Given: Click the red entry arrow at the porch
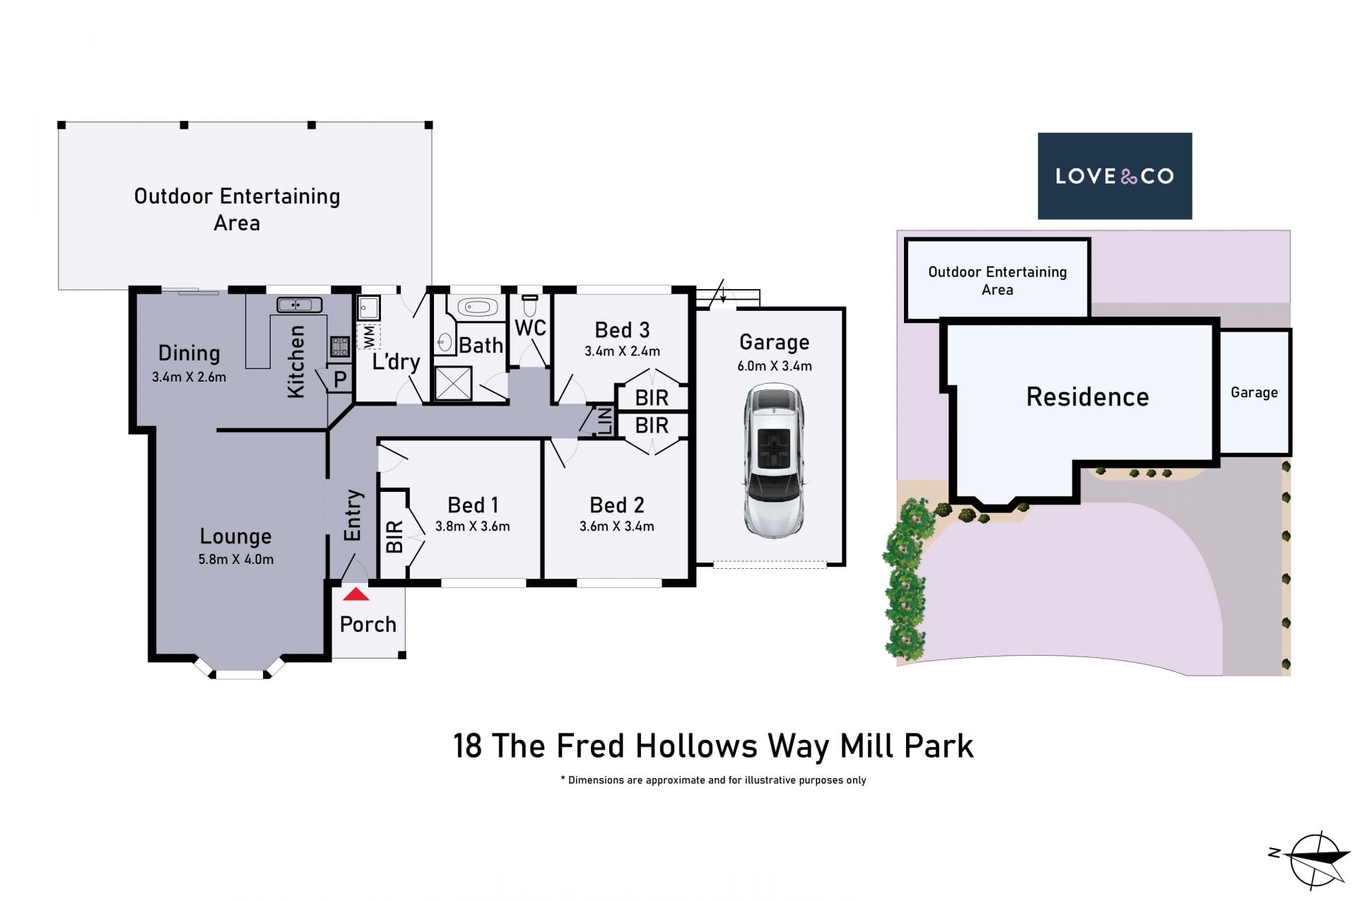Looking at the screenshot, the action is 356,594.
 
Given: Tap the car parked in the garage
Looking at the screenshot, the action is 774,461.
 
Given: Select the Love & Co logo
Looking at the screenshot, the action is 1115,176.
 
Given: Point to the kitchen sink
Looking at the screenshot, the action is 300,305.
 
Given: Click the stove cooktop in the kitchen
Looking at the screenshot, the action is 340,346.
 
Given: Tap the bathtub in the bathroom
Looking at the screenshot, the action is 478,307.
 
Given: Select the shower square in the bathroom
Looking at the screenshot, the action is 452,384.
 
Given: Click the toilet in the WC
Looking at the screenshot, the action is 530,306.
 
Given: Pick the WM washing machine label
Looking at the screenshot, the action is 368,337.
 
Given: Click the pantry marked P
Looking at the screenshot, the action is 340,379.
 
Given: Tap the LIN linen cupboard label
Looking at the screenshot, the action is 604,420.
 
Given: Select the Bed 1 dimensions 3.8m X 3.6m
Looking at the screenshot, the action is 473,526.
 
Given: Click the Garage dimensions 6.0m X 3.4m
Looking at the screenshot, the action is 775,366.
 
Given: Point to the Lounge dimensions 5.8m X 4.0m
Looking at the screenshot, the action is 235,559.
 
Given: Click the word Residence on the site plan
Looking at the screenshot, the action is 1087,397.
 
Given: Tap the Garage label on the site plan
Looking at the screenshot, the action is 1254,393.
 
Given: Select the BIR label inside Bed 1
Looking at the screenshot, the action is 394,536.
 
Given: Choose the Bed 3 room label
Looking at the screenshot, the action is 622,330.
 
